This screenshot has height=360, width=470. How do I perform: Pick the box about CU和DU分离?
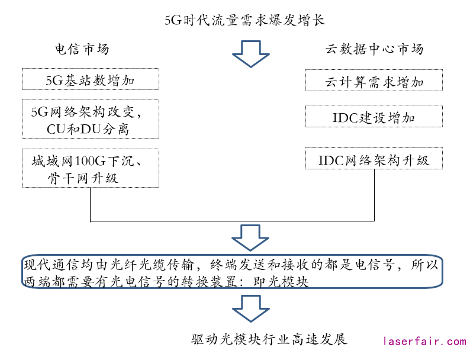pyautogui.click(x=90, y=120)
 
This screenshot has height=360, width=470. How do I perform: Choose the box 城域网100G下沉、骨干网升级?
pyautogui.click(x=90, y=168)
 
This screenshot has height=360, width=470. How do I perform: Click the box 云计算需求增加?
pyautogui.click(x=374, y=81)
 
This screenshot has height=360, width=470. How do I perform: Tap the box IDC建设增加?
pyautogui.click(x=374, y=117)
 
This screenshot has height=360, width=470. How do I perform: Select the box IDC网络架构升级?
pyautogui.click(x=374, y=159)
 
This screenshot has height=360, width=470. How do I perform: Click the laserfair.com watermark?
pyautogui.click(x=424, y=342)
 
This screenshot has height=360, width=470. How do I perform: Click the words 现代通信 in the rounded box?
pyautogui.click(x=45, y=264)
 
